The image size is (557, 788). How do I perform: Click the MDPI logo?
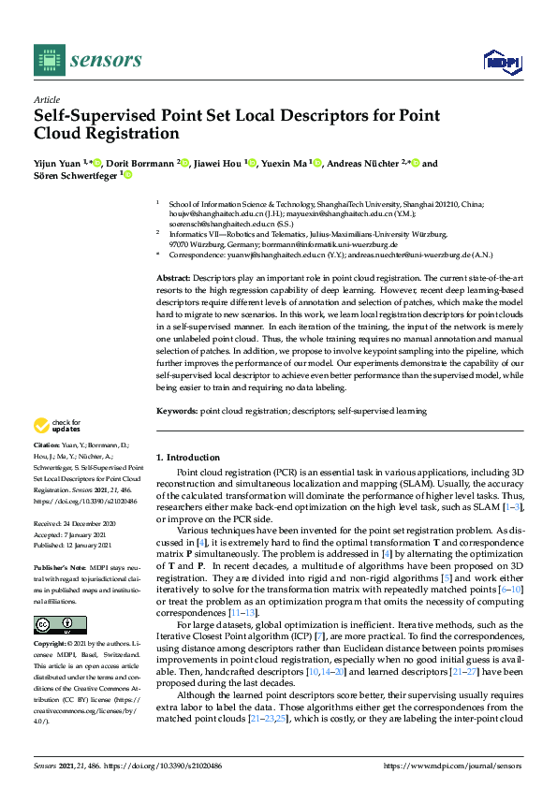tap(502, 62)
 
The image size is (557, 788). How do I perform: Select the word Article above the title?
tap(46, 99)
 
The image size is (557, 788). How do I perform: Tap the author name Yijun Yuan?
tap(58, 164)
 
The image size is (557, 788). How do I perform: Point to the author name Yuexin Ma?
tap(286, 164)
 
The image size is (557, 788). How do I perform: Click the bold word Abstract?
tap(173, 279)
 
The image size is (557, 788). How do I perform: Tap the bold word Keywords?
tap(177, 410)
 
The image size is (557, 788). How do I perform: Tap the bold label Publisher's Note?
tap(59, 567)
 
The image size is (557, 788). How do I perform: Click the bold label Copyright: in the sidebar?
tap(51, 645)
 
